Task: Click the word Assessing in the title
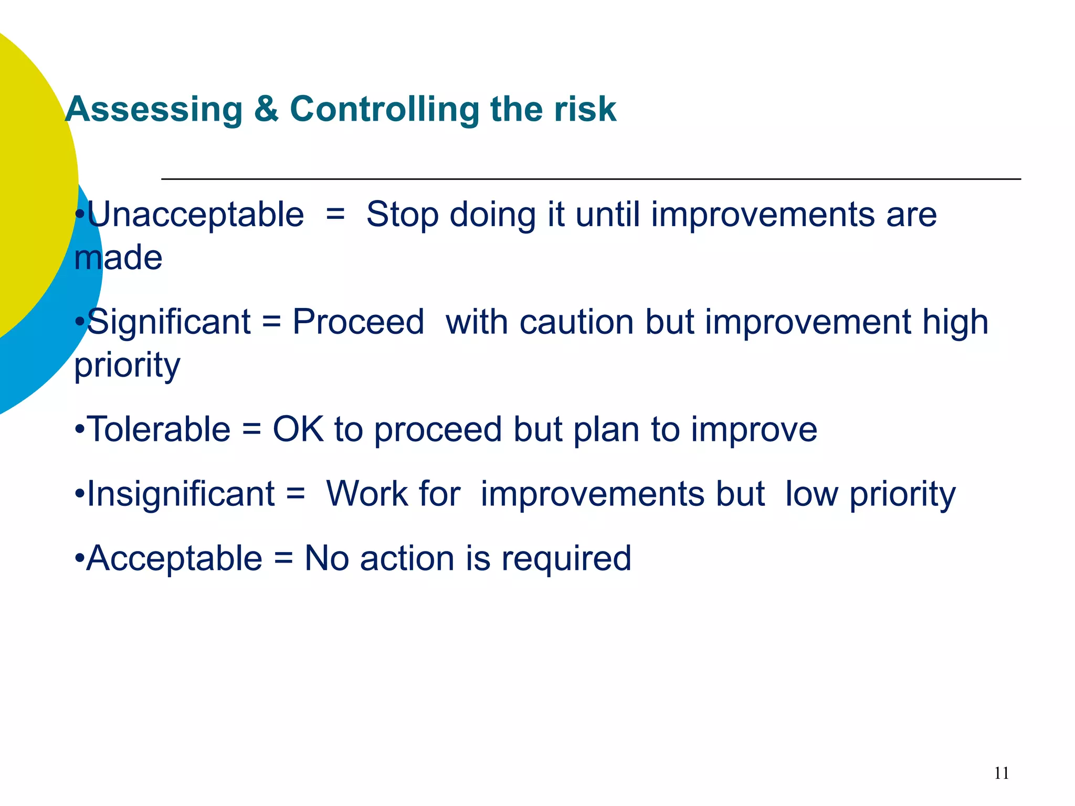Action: [x=154, y=110]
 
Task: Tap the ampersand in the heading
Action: [x=266, y=110]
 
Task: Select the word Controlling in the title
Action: [x=384, y=110]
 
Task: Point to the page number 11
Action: [x=1002, y=773]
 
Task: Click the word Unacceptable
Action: [x=195, y=215]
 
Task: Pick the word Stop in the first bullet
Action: [x=402, y=215]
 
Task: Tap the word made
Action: [x=118, y=258]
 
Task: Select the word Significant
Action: [x=168, y=322]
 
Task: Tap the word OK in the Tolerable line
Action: [x=298, y=430]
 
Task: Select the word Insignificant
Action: [x=181, y=494]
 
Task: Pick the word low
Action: [x=811, y=494]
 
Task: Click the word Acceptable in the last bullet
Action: [x=174, y=558]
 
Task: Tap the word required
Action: [x=566, y=558]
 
